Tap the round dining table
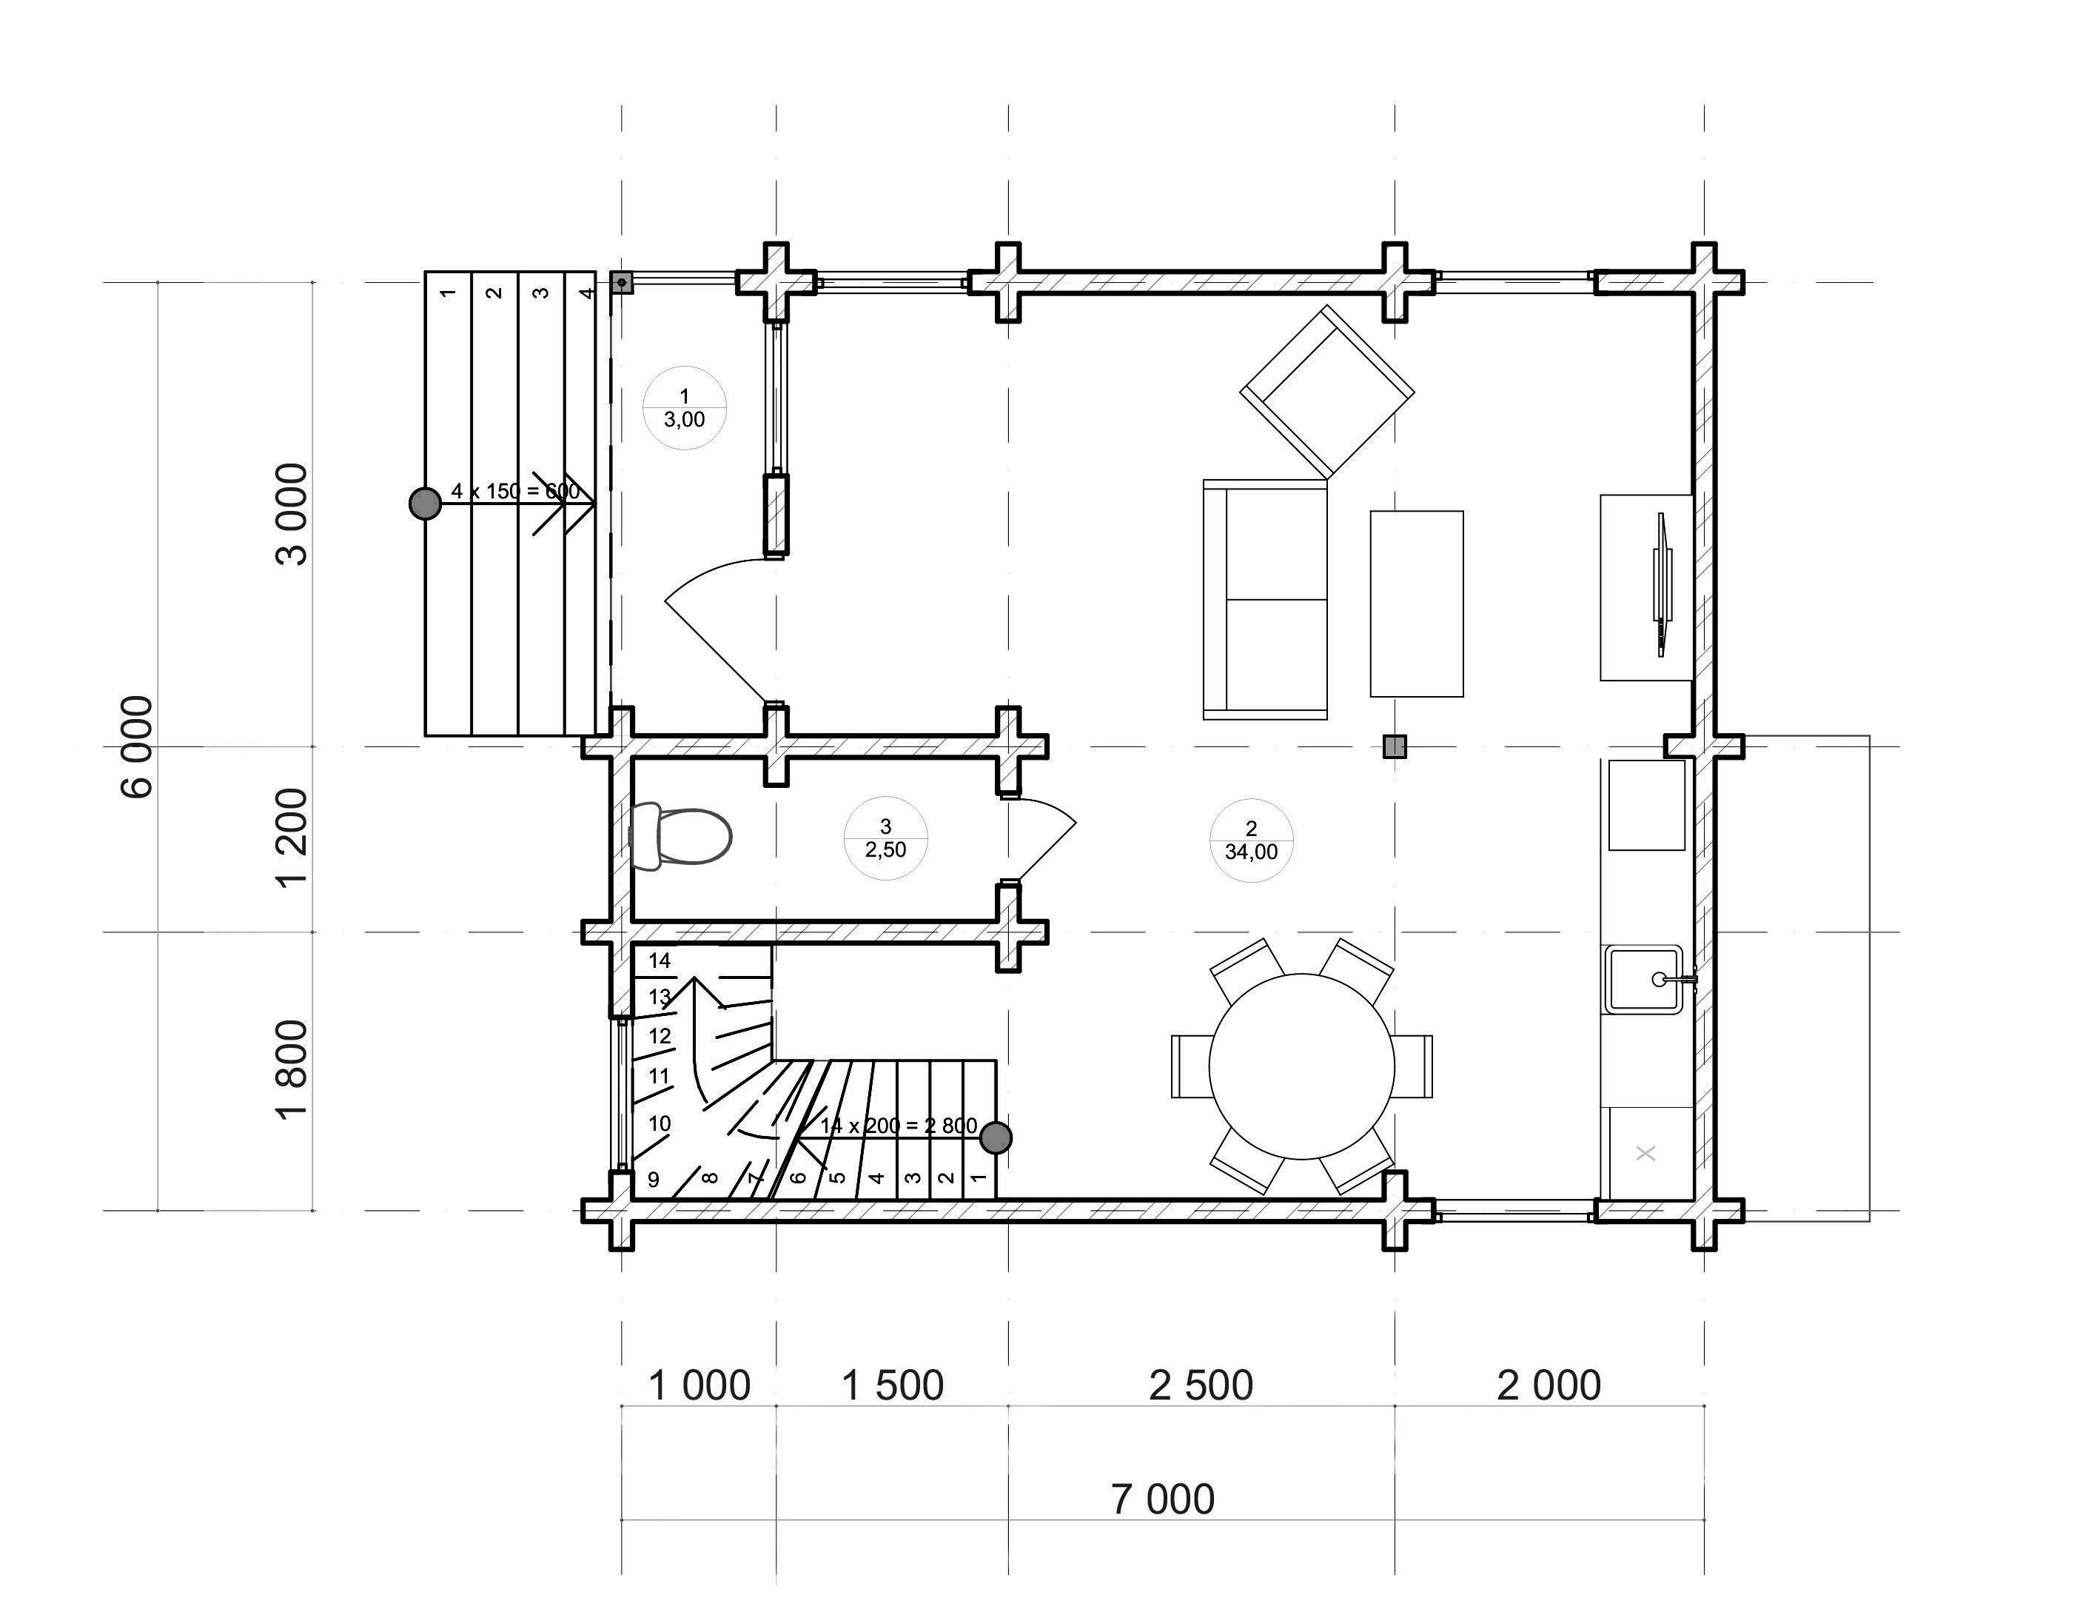[1301, 1066]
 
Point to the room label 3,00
[684, 420]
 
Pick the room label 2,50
[885, 849]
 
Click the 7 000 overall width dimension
[1163, 1498]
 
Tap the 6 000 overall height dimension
[136, 746]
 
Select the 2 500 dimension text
[1201, 1386]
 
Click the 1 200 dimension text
[292, 838]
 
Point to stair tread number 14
[659, 960]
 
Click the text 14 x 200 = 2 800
[899, 1126]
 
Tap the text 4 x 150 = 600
[516, 492]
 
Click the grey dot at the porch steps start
[426, 504]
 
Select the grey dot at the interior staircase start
[996, 1138]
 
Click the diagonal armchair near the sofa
[1327, 392]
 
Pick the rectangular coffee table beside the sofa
[1416, 604]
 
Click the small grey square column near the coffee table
[1394, 746]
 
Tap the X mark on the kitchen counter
[1645, 1152]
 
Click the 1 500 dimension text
[893, 1386]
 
